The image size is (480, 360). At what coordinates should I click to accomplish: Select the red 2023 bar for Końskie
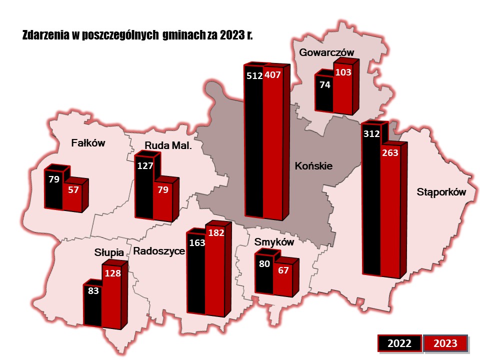point(272,145)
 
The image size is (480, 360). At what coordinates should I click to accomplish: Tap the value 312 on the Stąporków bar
point(371,133)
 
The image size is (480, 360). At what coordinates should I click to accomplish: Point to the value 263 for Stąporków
point(390,153)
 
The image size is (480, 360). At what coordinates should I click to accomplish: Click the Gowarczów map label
point(326,52)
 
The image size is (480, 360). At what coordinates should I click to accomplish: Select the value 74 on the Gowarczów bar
point(324,85)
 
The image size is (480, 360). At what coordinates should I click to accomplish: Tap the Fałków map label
point(88,143)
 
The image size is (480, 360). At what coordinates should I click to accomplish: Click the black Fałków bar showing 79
point(54,190)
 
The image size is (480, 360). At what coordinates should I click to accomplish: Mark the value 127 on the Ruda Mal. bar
point(144,166)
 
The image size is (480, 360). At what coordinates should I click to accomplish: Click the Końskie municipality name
point(313,165)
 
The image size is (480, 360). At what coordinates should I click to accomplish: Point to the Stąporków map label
point(441,192)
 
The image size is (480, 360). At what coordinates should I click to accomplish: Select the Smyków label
point(273,242)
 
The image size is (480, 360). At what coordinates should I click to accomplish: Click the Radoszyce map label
point(159,251)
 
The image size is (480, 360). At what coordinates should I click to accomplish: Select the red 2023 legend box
point(445,343)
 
